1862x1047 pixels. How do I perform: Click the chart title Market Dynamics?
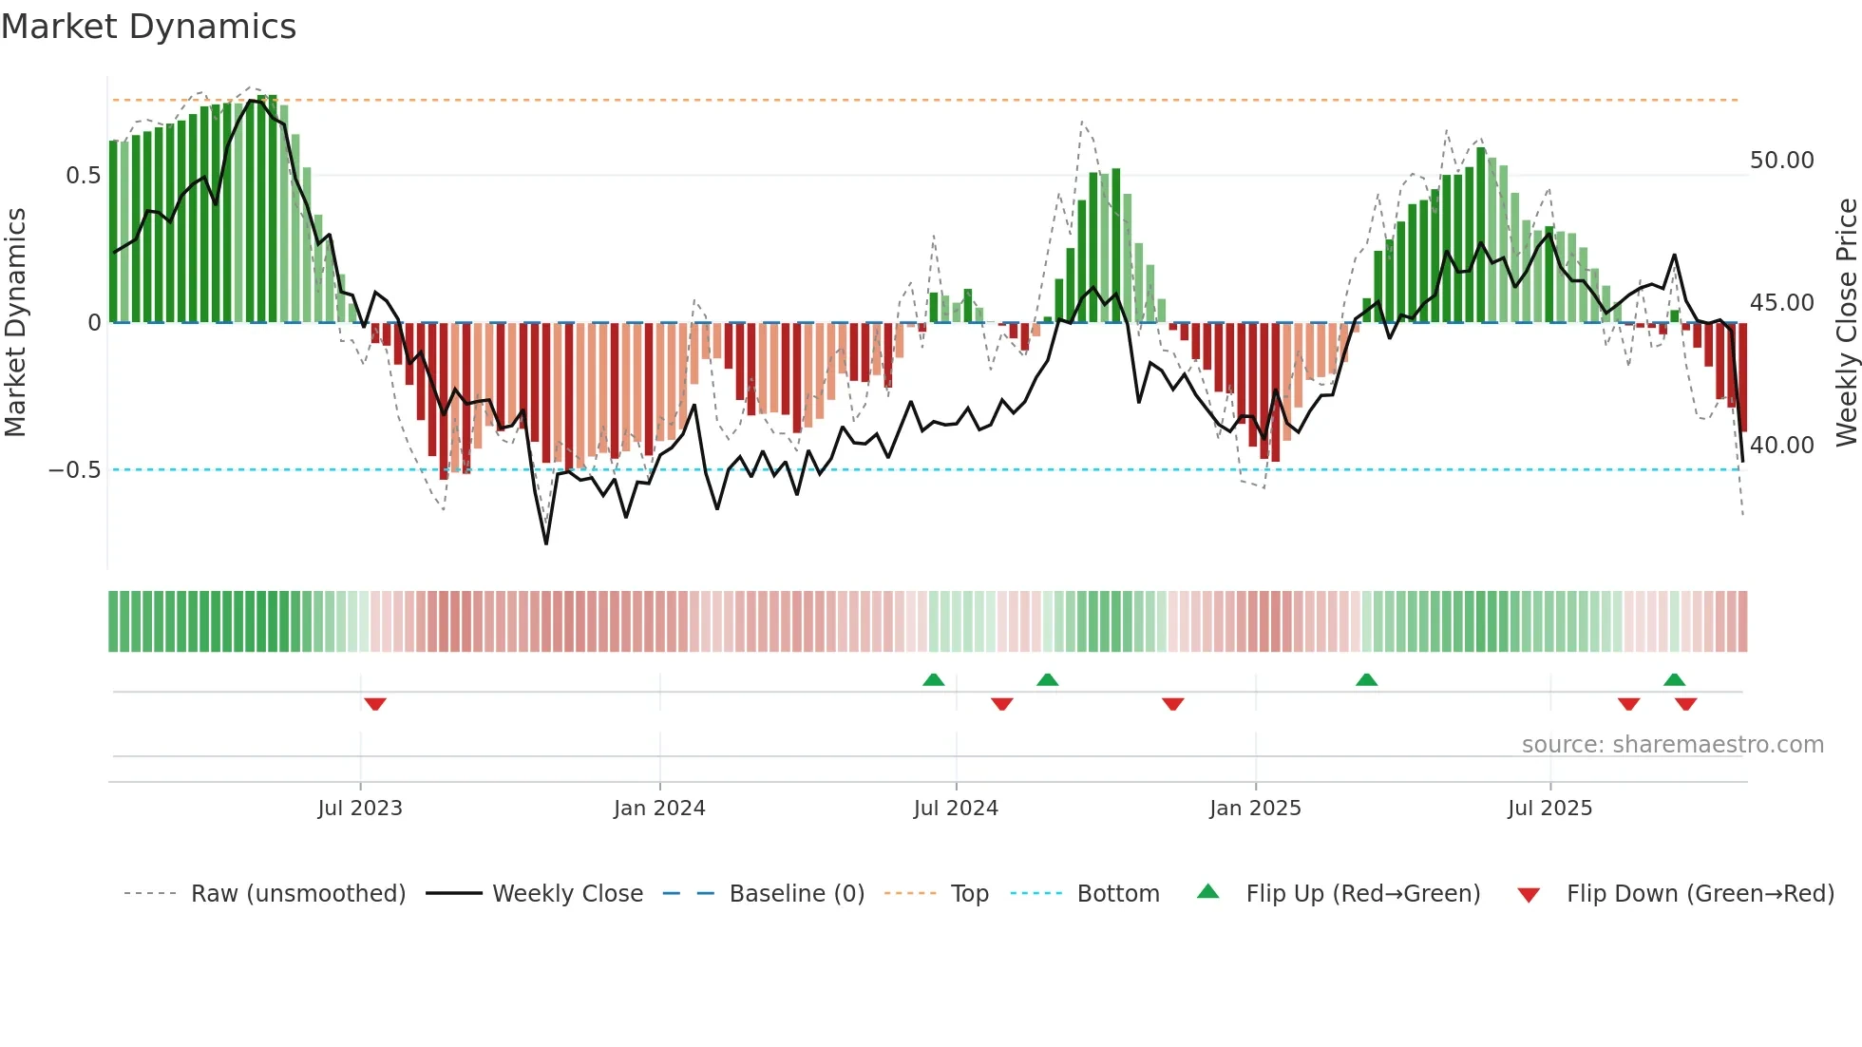[148, 27]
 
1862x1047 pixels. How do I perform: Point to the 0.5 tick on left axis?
[83, 176]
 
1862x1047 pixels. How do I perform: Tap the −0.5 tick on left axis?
[74, 470]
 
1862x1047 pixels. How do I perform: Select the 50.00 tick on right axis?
[1781, 161]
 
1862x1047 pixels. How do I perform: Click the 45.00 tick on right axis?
[1781, 303]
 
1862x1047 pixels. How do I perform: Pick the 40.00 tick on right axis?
[1781, 446]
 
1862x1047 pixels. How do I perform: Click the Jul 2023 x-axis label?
[360, 809]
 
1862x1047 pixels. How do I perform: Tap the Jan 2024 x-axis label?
[659, 809]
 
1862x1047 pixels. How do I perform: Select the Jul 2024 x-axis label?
[956, 809]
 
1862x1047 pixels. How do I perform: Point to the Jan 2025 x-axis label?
[1255, 809]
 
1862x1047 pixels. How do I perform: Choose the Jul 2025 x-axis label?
[1549, 809]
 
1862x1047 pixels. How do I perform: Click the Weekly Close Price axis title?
[1846, 322]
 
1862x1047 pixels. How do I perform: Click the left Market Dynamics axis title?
[15, 322]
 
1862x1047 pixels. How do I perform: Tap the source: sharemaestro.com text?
[1672, 745]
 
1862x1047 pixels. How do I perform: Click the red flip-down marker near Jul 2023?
[375, 704]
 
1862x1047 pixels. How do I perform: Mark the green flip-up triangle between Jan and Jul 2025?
[1366, 679]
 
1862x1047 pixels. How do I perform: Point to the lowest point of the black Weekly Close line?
[546, 543]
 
